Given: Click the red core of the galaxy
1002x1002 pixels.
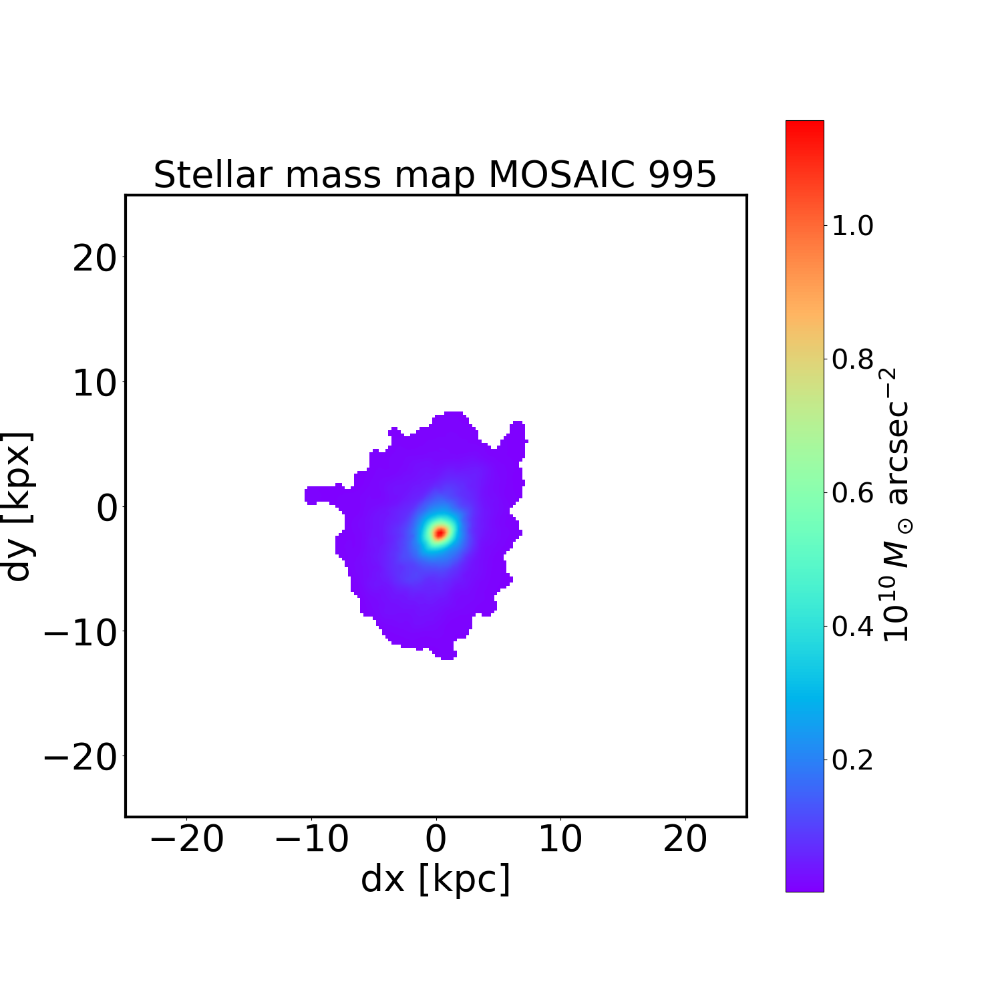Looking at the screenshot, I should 440,532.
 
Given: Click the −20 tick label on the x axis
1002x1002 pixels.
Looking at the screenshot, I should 186,839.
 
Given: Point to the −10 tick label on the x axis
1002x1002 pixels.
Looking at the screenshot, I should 311,839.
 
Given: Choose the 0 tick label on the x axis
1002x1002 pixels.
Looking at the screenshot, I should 436,839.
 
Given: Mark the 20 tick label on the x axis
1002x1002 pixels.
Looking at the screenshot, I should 685,839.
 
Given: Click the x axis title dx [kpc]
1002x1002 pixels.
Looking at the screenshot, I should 436,879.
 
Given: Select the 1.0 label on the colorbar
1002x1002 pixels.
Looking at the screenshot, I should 852,226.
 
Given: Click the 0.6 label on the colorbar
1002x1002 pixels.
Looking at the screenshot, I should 852,493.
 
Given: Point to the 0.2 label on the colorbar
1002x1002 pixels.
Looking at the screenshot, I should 852,760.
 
